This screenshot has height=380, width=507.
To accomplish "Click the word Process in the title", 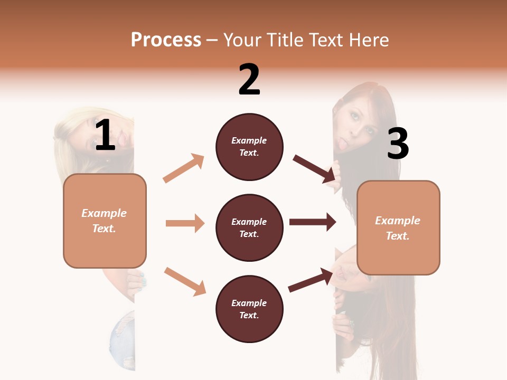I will pyautogui.click(x=166, y=40).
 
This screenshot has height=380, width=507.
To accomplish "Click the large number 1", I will pyautogui.click(x=105, y=136).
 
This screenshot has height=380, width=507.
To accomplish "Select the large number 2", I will pyautogui.click(x=249, y=80).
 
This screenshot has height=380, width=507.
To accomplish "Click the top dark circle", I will pyautogui.click(x=249, y=147).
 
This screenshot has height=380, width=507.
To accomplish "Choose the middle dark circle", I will pyautogui.click(x=249, y=227).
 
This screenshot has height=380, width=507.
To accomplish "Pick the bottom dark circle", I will pyautogui.click(x=249, y=309).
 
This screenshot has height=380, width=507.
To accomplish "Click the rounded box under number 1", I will pyautogui.click(x=105, y=221).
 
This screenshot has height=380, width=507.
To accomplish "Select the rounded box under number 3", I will pyautogui.click(x=398, y=227).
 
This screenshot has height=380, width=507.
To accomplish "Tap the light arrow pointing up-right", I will pyautogui.click(x=184, y=168).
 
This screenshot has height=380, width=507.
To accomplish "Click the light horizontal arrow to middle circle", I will pyautogui.click(x=185, y=223).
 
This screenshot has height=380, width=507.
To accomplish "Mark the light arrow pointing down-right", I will pyautogui.click(x=185, y=281).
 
